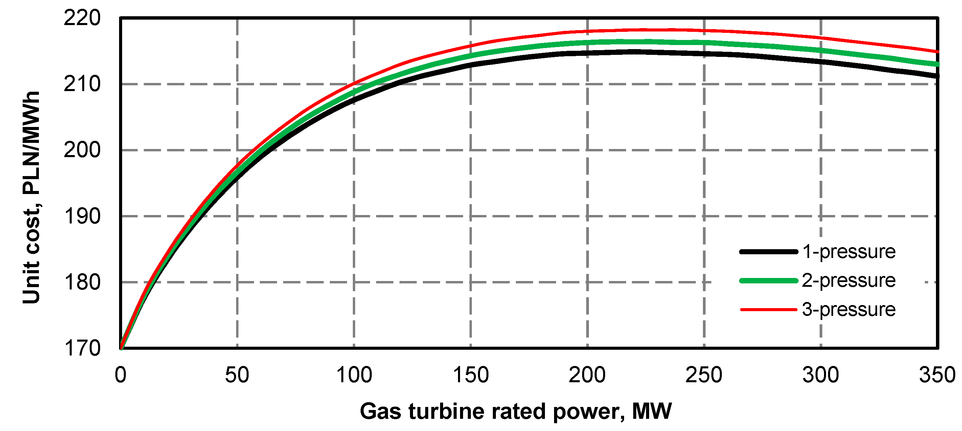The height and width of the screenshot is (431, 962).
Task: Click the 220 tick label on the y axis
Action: coord(82,18)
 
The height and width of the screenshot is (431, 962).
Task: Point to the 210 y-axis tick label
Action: coord(82,84)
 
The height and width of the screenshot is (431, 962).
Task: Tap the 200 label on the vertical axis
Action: coord(82,150)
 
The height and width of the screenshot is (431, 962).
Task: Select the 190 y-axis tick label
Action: coord(82,216)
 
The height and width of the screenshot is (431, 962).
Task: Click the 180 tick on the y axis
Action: coord(82,282)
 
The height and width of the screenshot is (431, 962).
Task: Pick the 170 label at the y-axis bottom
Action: coord(82,348)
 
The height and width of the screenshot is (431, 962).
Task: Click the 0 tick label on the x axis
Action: coord(121,375)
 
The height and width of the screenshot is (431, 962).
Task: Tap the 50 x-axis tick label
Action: coord(237,375)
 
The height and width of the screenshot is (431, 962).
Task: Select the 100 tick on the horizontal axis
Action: coord(354,375)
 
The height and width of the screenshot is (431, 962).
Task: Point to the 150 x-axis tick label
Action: coord(471,375)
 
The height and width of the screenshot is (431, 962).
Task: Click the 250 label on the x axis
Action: coord(704,375)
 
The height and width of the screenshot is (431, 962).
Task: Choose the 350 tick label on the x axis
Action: coord(937,375)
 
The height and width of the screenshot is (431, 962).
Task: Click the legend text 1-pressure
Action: coord(848,252)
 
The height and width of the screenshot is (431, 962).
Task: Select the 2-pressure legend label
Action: coord(848,281)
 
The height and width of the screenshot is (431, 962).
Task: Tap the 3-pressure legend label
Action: coord(848,309)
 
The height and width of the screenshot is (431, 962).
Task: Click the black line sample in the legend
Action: coord(769,252)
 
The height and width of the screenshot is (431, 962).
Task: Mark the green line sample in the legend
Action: coord(769,281)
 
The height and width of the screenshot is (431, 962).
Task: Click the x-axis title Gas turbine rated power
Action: coord(516,411)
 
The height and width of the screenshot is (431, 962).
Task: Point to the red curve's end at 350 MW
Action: coord(937,51)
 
